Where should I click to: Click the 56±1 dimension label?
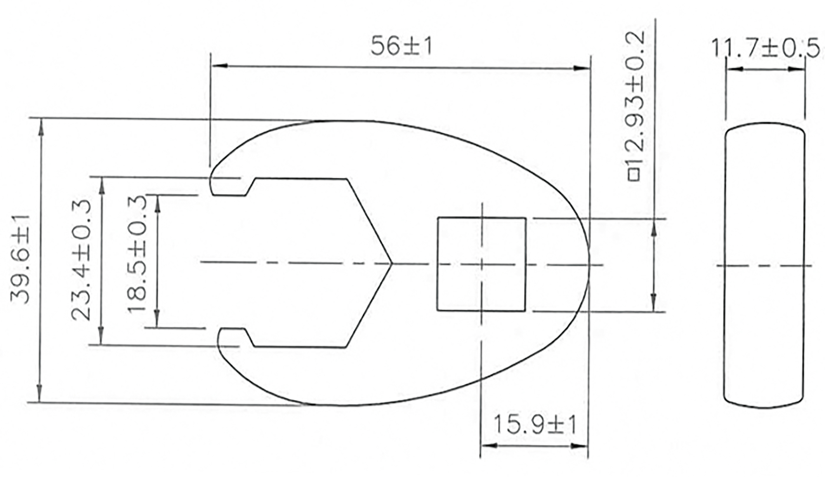[401, 46]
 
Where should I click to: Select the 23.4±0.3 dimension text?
[81, 260]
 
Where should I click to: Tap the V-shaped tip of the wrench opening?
[392, 263]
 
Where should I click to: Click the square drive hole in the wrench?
[481, 264]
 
